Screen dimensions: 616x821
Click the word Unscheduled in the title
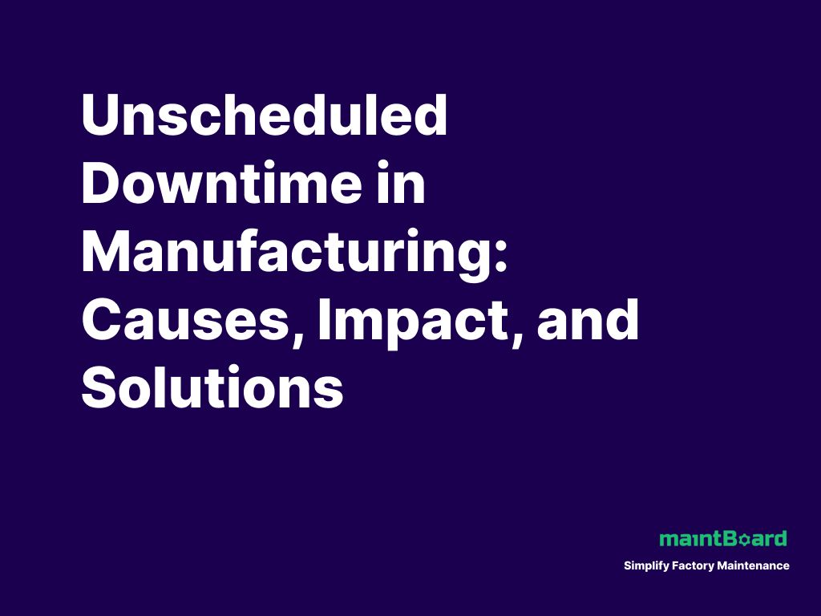264,116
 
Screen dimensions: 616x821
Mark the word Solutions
212,390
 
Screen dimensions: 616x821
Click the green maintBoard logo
722,538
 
